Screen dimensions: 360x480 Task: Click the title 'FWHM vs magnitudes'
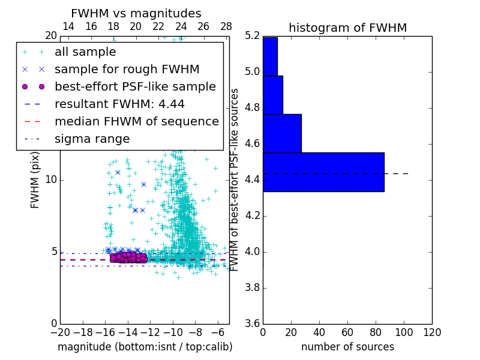click(136, 13)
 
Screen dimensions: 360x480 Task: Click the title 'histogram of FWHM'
click(347, 28)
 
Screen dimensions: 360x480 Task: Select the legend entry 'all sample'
click(85, 52)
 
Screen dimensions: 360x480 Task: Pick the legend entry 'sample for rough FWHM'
click(127, 70)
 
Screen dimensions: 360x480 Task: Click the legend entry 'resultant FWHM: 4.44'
click(119, 104)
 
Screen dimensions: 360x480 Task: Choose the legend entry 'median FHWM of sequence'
click(136, 121)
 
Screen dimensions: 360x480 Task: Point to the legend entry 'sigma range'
click(92, 139)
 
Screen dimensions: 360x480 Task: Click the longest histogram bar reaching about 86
click(323, 172)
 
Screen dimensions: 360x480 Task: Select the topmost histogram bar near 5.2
click(270, 56)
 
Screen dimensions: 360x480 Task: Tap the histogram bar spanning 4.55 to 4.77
click(282, 133)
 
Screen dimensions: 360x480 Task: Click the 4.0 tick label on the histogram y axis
click(253, 251)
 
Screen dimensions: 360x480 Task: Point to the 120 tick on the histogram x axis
click(432, 332)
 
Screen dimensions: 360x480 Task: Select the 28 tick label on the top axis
click(226, 26)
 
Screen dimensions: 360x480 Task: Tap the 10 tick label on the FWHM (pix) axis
click(51, 180)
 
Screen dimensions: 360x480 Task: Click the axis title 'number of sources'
click(347, 347)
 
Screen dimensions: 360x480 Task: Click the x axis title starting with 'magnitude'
click(145, 347)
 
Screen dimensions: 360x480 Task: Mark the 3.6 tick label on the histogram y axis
click(253, 323)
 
